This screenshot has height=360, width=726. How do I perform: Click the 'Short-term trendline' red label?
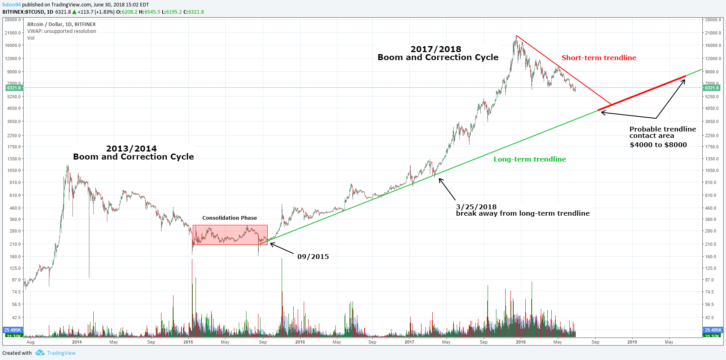click(599, 58)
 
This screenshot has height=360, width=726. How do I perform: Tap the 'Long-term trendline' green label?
click(530, 159)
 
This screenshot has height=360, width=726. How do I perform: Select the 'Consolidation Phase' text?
click(229, 218)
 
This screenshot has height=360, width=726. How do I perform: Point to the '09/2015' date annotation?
click(313, 257)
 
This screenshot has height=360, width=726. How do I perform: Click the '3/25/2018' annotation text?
click(476, 207)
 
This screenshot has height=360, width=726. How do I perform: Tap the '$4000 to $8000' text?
click(658, 145)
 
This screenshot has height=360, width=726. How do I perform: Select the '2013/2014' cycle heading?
click(131, 149)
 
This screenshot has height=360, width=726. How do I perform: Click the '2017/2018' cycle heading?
click(436, 49)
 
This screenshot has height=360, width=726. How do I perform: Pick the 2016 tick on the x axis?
click(300, 342)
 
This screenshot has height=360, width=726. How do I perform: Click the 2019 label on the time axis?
click(632, 342)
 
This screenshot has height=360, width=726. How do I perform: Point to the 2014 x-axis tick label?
click(77, 342)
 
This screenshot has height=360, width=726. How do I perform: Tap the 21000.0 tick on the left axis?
click(13, 33)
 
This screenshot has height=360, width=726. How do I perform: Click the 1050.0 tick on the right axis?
click(713, 170)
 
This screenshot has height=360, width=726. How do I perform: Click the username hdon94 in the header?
click(12, 5)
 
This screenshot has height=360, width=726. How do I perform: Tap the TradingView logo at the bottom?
click(56, 353)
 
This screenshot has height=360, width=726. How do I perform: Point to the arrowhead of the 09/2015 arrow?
click(271, 244)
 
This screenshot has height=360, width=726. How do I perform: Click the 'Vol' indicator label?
click(31, 38)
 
